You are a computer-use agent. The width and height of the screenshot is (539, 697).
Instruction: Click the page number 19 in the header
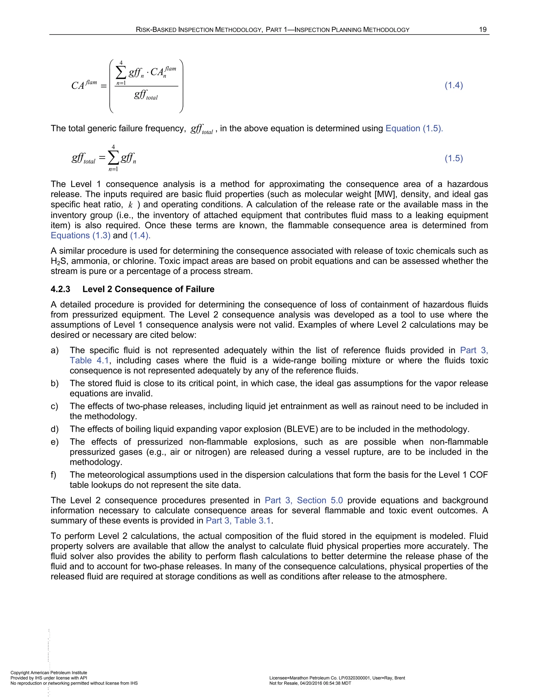pos(482,30)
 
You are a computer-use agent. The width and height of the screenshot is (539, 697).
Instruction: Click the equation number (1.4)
pos(454,85)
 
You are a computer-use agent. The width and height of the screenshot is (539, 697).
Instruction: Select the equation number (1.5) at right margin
pos(454,158)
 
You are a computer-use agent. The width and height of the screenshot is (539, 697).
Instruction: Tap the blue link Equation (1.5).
pos(414,128)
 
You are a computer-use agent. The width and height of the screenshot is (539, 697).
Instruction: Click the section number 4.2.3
pos(60,289)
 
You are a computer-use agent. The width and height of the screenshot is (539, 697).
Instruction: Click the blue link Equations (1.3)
pos(81,235)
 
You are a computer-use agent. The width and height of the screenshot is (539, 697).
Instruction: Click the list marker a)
pos(54,350)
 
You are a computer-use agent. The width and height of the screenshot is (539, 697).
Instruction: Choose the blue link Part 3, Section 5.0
pos(304,501)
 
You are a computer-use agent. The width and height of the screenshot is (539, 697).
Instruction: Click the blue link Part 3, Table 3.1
pos(238,521)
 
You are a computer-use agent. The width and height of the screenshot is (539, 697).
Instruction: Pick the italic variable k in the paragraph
pos(130,205)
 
